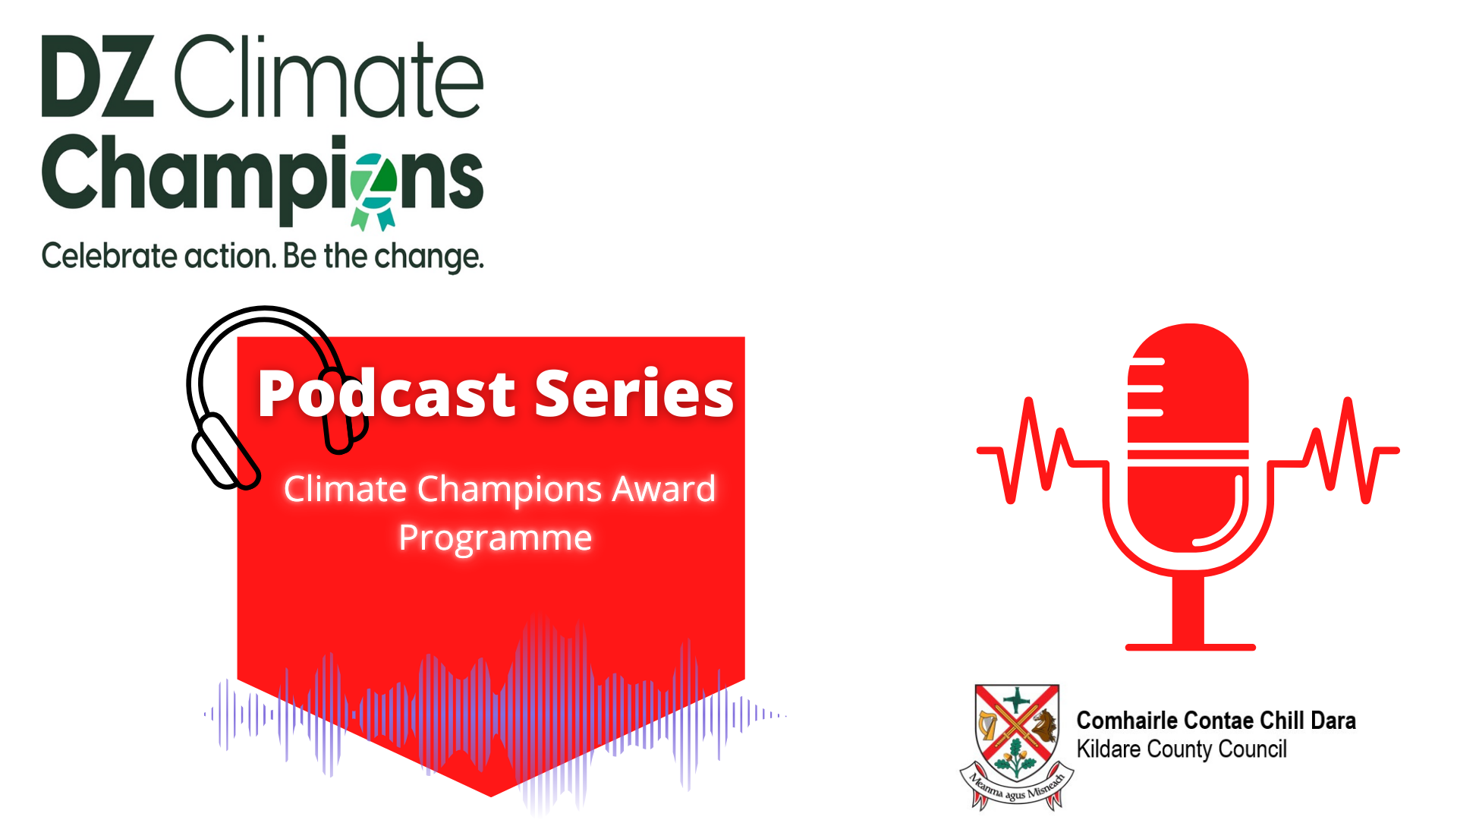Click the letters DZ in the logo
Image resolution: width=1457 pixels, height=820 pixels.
coord(98,76)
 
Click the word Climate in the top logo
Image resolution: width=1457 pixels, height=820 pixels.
coord(329,76)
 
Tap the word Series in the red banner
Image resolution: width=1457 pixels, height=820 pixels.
coord(634,393)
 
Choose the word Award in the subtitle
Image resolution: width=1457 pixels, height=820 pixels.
coord(664,488)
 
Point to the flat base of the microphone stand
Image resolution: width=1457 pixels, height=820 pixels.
coord(1190,647)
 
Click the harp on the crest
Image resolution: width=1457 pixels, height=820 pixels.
coord(988,726)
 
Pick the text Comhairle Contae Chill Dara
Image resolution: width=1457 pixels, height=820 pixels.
coord(1216,721)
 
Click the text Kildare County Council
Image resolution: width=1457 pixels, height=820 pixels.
coord(1182,749)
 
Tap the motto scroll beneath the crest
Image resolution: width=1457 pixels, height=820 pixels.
coord(1017,790)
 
